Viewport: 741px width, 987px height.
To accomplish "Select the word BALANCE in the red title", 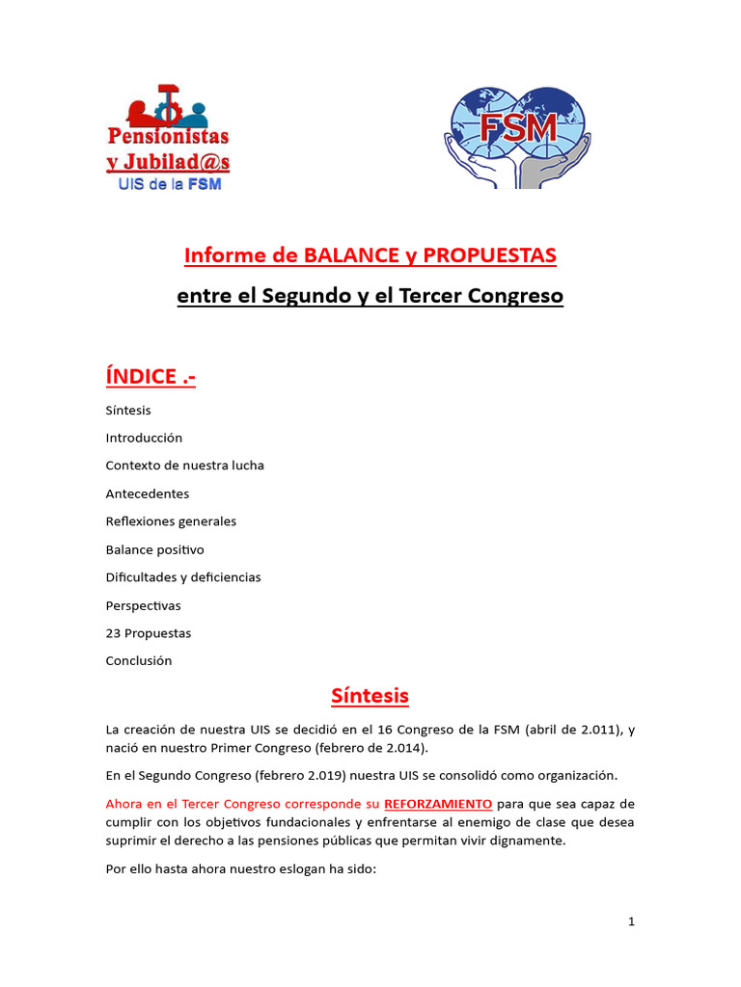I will tap(349, 255).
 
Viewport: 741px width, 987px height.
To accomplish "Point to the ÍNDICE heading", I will tap(151, 376).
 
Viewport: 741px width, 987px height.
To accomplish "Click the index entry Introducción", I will tap(144, 438).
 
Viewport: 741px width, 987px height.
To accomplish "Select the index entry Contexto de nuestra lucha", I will tap(184, 466).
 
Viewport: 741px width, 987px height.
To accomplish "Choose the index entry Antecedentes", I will tap(148, 493).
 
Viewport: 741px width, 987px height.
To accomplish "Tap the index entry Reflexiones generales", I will tap(171, 521).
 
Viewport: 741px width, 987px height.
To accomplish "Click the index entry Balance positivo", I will tap(154, 549).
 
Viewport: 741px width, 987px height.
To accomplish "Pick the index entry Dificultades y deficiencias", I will tap(183, 577).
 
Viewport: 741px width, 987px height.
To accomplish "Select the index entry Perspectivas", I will tap(143, 605).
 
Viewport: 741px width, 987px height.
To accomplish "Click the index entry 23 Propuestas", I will tap(149, 633).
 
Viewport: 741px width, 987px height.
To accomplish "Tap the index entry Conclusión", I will tap(139, 661).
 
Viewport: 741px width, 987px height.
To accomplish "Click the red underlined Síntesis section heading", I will tap(370, 695).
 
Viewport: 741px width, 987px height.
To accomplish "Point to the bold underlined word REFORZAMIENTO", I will tap(438, 803).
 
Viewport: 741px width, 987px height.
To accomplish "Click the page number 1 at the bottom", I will tap(631, 921).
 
